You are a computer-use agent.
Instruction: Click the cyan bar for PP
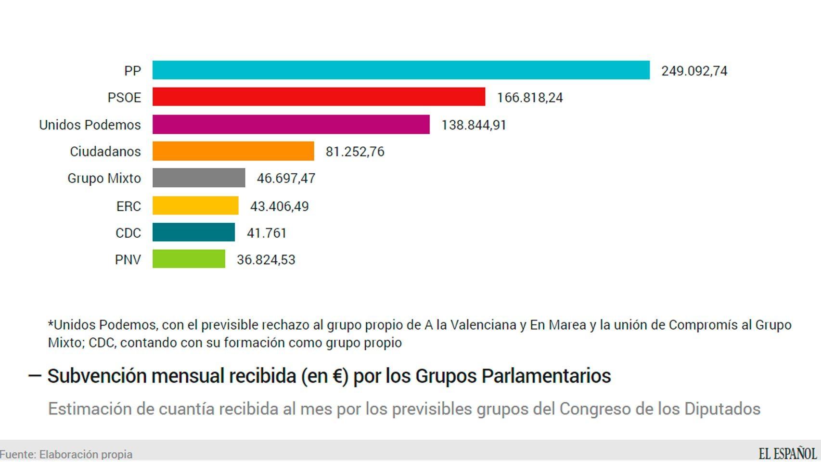pos(401,70)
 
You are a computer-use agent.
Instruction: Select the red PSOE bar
pos(319,97)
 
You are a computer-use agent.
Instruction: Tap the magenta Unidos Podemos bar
pos(291,124)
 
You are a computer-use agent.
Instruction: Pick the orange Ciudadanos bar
pos(233,151)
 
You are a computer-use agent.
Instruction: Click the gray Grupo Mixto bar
pos(198,178)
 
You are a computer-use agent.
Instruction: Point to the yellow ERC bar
pos(195,205)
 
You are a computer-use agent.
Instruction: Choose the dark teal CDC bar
pos(193,232)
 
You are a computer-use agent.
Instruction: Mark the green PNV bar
pos(189,259)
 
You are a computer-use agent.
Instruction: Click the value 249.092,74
pos(694,71)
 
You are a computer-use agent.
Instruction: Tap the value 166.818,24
pos(529,98)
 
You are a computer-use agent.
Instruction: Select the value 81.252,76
pos(355,152)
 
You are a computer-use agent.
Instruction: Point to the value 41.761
pos(266,233)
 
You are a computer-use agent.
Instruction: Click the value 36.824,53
pos(266,260)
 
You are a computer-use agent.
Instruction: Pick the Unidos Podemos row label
pos(90,125)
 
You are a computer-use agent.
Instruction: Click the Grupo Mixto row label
pos(104,178)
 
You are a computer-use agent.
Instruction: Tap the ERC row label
pos(128,206)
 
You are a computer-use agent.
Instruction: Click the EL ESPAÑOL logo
pos(787,453)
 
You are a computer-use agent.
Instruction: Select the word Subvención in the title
pos(96,376)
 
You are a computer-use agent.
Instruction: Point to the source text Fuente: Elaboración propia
pos(66,454)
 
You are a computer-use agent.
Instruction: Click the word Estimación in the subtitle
pos(89,409)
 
